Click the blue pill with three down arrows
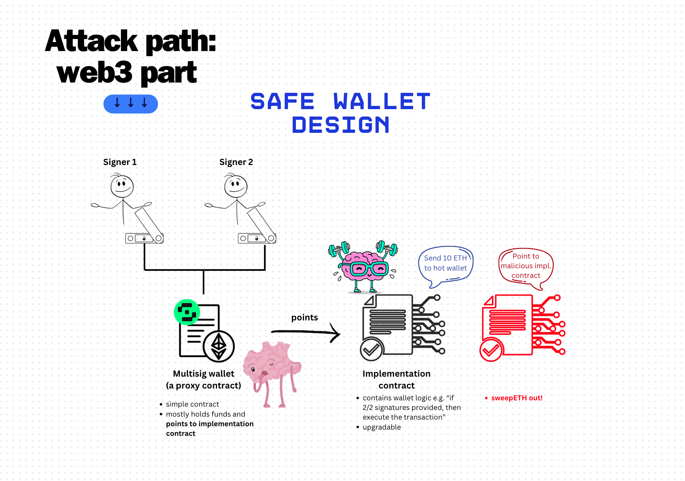[131, 104]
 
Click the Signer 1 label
[120, 162]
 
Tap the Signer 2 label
[236, 162]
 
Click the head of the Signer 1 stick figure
[122, 186]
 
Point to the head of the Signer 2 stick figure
[236, 186]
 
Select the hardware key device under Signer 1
[144, 238]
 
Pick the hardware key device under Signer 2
[257, 238]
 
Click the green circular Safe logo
[187, 312]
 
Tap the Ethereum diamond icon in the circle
[219, 346]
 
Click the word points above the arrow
[304, 317]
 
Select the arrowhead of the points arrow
[335, 333]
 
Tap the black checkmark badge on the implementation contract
[371, 349]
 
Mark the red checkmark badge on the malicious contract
[491, 350]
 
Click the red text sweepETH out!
[517, 398]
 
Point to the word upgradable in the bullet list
[382, 427]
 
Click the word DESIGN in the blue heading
[341, 125]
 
